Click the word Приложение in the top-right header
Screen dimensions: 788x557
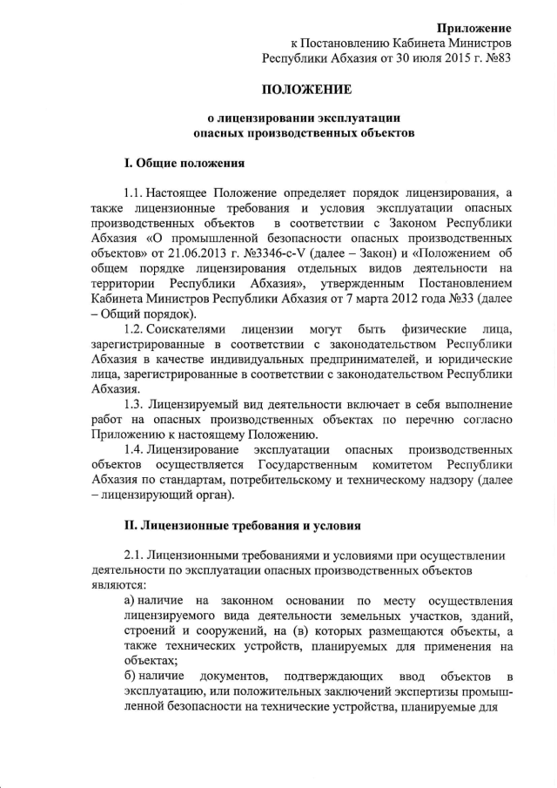[474, 29]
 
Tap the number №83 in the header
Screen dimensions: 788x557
[494, 58]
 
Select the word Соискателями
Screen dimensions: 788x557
[186, 328]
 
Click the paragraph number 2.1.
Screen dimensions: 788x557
[134, 556]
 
